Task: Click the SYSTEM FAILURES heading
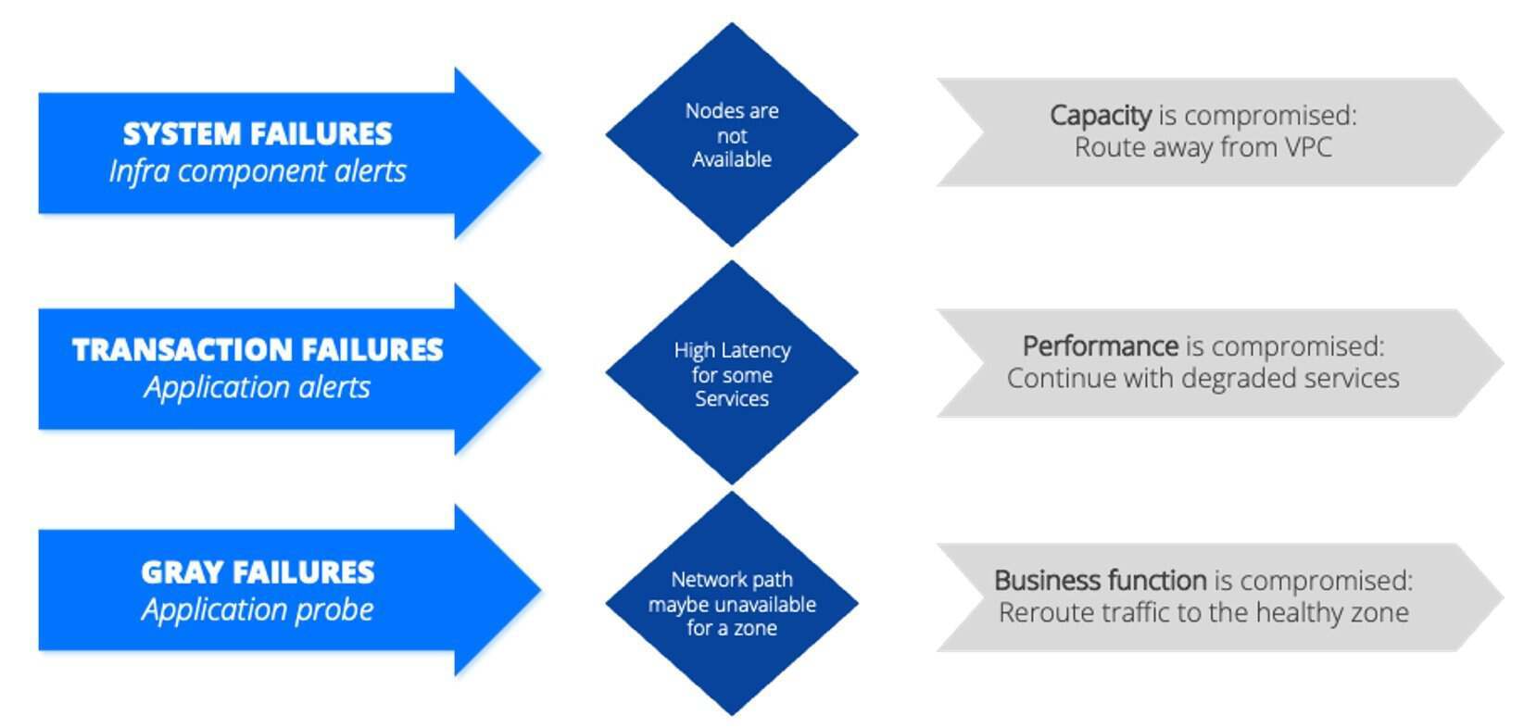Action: click(x=258, y=134)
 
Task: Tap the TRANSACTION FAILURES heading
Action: click(x=258, y=350)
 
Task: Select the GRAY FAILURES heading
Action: click(x=258, y=572)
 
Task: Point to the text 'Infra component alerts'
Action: click(x=258, y=171)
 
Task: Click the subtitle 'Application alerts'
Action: click(x=258, y=387)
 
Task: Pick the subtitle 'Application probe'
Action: click(x=258, y=609)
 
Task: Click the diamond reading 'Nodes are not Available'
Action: click(x=732, y=135)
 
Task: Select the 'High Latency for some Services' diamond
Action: click(x=732, y=373)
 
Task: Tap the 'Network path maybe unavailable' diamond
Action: click(x=732, y=603)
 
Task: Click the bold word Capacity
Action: click(x=1100, y=116)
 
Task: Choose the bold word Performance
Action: click(x=1100, y=346)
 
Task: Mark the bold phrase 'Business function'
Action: click(x=1100, y=581)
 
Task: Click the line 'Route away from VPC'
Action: click(x=1202, y=147)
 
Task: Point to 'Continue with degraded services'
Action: click(x=1202, y=378)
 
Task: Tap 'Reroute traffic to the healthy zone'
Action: click(x=1202, y=612)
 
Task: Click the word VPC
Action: click(x=1306, y=147)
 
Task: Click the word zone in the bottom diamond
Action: click(x=756, y=628)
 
